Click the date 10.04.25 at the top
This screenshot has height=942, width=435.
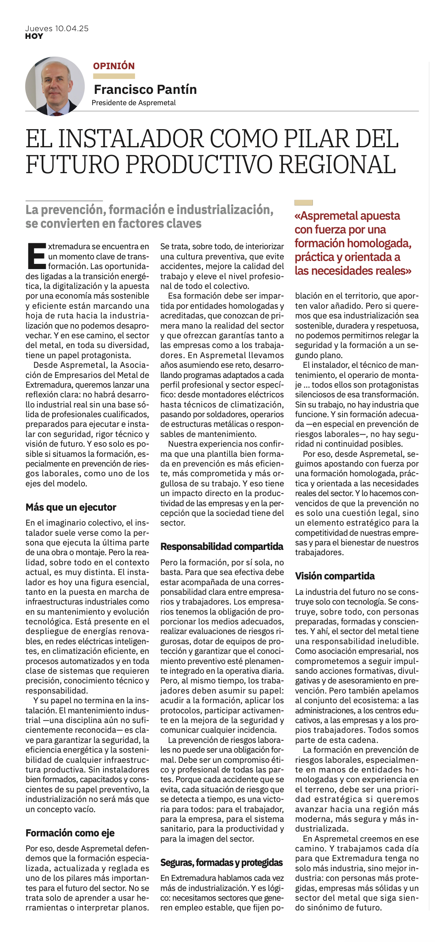72,28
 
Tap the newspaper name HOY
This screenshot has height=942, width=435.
34,36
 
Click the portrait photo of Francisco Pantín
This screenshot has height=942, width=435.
55,86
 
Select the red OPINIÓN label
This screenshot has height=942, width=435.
114,66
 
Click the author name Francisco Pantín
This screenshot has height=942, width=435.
145,89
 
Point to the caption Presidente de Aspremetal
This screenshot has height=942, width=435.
133,103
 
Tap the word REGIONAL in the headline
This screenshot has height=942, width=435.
337,164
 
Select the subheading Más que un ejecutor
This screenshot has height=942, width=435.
71,507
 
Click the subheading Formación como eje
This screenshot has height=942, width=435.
70,833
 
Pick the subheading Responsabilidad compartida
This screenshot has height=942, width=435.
222,547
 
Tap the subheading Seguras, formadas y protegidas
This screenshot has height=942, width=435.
221,863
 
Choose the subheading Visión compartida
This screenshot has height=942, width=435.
335,576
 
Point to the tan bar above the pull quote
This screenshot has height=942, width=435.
304,202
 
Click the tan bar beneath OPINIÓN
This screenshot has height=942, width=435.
114,76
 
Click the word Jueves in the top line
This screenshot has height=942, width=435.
39,28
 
